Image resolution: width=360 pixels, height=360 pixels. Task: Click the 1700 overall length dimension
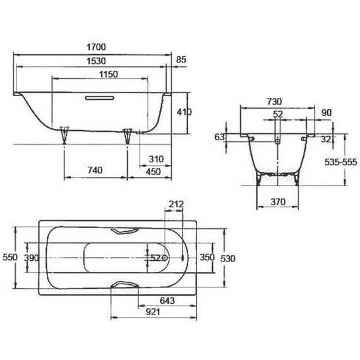pos(97,47)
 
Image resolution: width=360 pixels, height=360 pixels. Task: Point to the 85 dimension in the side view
pos(181,60)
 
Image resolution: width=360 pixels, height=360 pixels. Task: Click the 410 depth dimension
pos(184,111)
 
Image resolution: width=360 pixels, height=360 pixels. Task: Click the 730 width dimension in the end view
pos(273,102)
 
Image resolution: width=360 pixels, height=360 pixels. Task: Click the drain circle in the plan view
pos(165,258)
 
